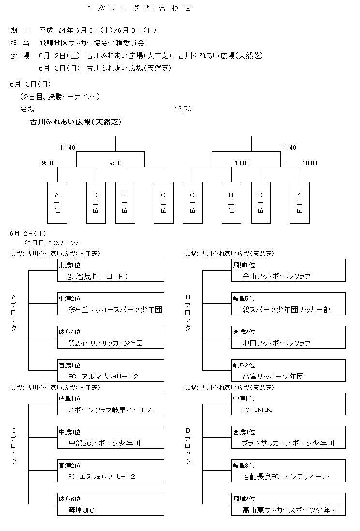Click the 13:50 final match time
(x=183, y=109)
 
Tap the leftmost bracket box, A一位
(x=57, y=203)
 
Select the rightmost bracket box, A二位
(x=300, y=203)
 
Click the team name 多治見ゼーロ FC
(x=98, y=276)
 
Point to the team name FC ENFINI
(x=258, y=410)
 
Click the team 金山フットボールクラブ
(x=277, y=276)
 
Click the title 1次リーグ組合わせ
(x=139, y=8)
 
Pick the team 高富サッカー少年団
(x=273, y=377)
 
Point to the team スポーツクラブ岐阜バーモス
(x=111, y=410)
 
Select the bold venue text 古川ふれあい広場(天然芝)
(x=76, y=122)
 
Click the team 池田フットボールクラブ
(x=276, y=343)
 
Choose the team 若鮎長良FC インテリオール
(x=285, y=477)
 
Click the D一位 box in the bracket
(x=261, y=203)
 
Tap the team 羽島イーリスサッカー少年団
(x=106, y=343)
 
